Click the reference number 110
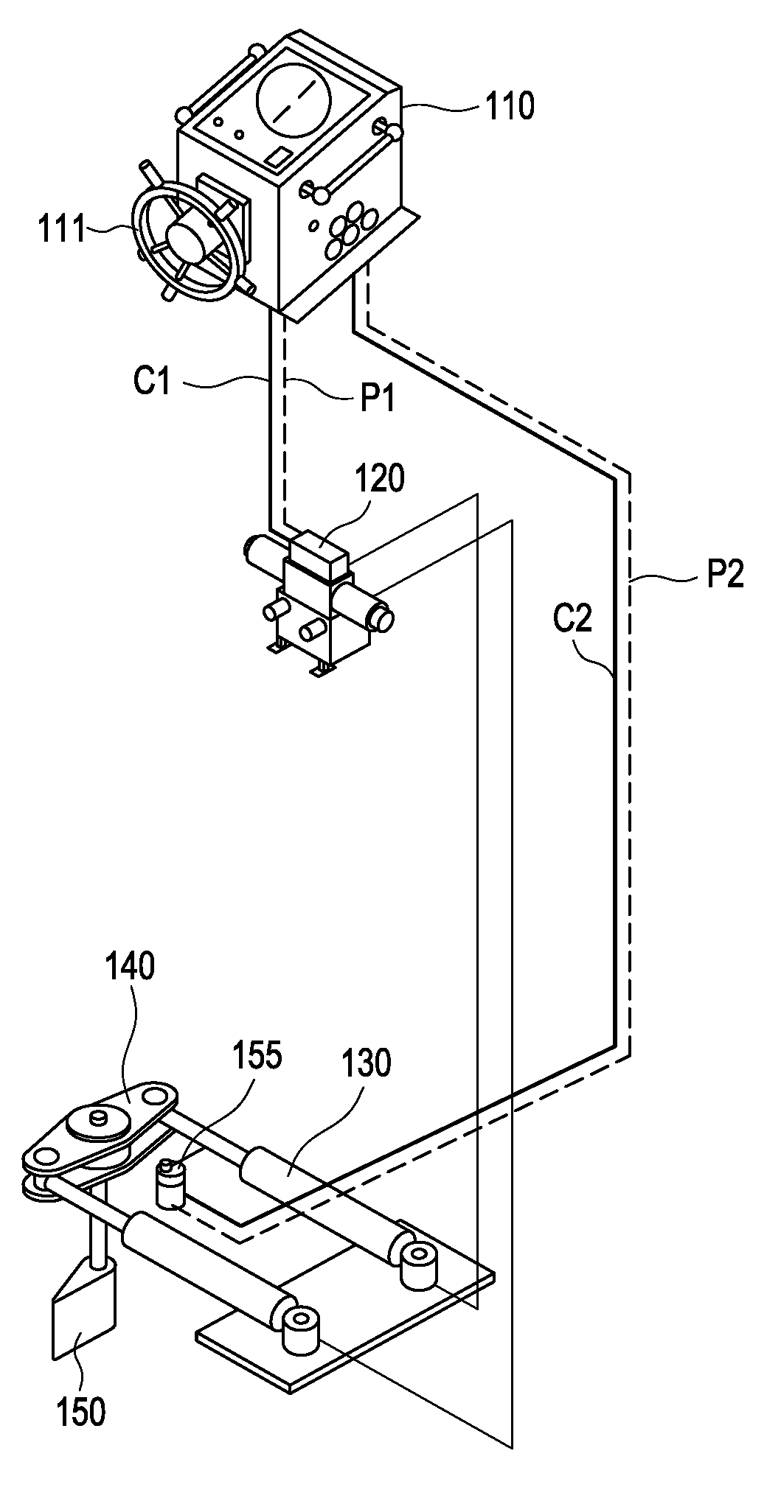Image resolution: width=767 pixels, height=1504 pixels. pyautogui.click(x=508, y=106)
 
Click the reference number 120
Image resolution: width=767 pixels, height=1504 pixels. pyautogui.click(x=381, y=480)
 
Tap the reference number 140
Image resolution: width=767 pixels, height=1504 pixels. pyautogui.click(x=130, y=967)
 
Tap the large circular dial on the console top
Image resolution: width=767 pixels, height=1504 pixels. pyautogui.click(x=291, y=99)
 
